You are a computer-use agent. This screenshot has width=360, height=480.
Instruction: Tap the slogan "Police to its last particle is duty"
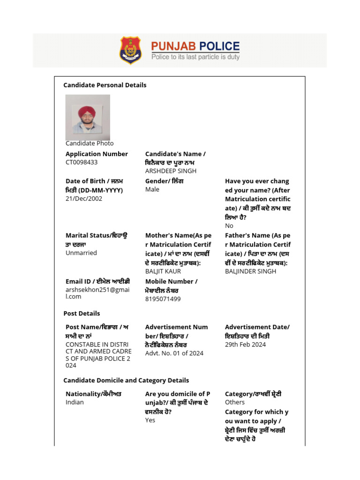(x=195, y=57)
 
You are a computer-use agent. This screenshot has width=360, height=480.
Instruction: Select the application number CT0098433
(x=82, y=162)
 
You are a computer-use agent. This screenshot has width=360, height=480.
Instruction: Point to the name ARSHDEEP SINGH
(x=171, y=171)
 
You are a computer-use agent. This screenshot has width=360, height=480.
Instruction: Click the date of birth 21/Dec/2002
(x=84, y=198)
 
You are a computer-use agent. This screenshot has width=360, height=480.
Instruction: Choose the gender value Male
(x=152, y=189)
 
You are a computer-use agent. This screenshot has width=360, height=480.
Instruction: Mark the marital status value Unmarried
(x=81, y=253)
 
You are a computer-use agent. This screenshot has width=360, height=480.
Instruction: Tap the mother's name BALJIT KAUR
(x=163, y=271)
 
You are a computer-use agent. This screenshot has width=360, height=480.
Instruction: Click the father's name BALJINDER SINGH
(x=250, y=271)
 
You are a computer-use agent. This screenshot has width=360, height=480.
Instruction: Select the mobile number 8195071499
(x=163, y=299)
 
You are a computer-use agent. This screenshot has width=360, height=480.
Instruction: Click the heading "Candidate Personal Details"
(x=105, y=85)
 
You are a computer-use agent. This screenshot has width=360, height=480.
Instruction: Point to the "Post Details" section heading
(x=82, y=313)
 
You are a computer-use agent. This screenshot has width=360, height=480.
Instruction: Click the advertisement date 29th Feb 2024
(x=245, y=345)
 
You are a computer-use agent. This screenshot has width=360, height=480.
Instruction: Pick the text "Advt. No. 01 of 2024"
(x=174, y=353)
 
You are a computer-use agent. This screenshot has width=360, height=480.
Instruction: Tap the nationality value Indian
(x=75, y=402)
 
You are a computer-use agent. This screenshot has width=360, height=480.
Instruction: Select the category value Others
(x=235, y=402)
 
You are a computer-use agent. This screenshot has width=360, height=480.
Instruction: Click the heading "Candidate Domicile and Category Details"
(x=126, y=380)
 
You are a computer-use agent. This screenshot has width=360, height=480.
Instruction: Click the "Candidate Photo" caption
(x=90, y=143)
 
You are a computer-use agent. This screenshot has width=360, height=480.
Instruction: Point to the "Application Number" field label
(x=97, y=154)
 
